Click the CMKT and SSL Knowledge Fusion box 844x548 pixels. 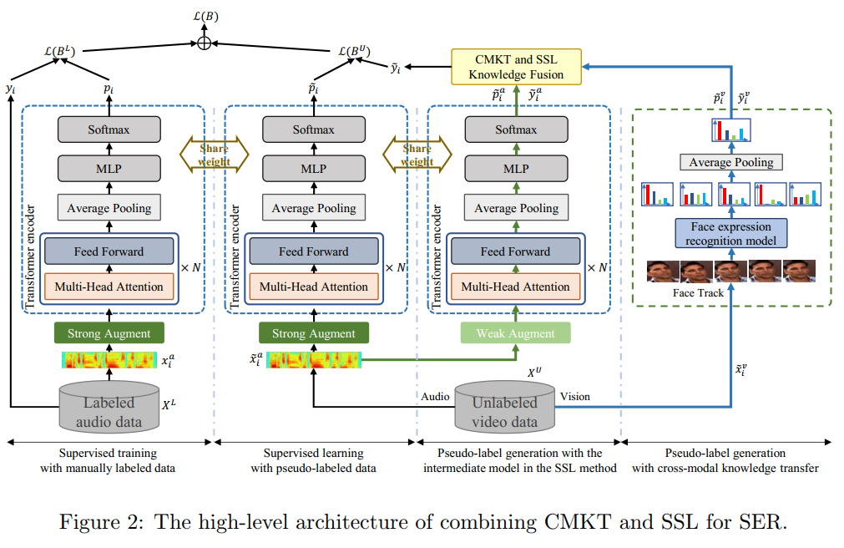point(517,67)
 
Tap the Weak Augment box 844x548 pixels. point(515,333)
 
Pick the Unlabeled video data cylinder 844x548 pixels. point(506,408)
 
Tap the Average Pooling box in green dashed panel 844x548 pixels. point(731,162)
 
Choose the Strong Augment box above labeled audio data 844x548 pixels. point(109,333)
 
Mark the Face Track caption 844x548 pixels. point(697,293)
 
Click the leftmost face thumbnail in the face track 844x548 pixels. point(663,271)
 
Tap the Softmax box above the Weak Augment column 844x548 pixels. point(517,129)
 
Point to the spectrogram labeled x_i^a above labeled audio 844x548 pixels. point(109,361)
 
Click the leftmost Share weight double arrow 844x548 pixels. point(215,155)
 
